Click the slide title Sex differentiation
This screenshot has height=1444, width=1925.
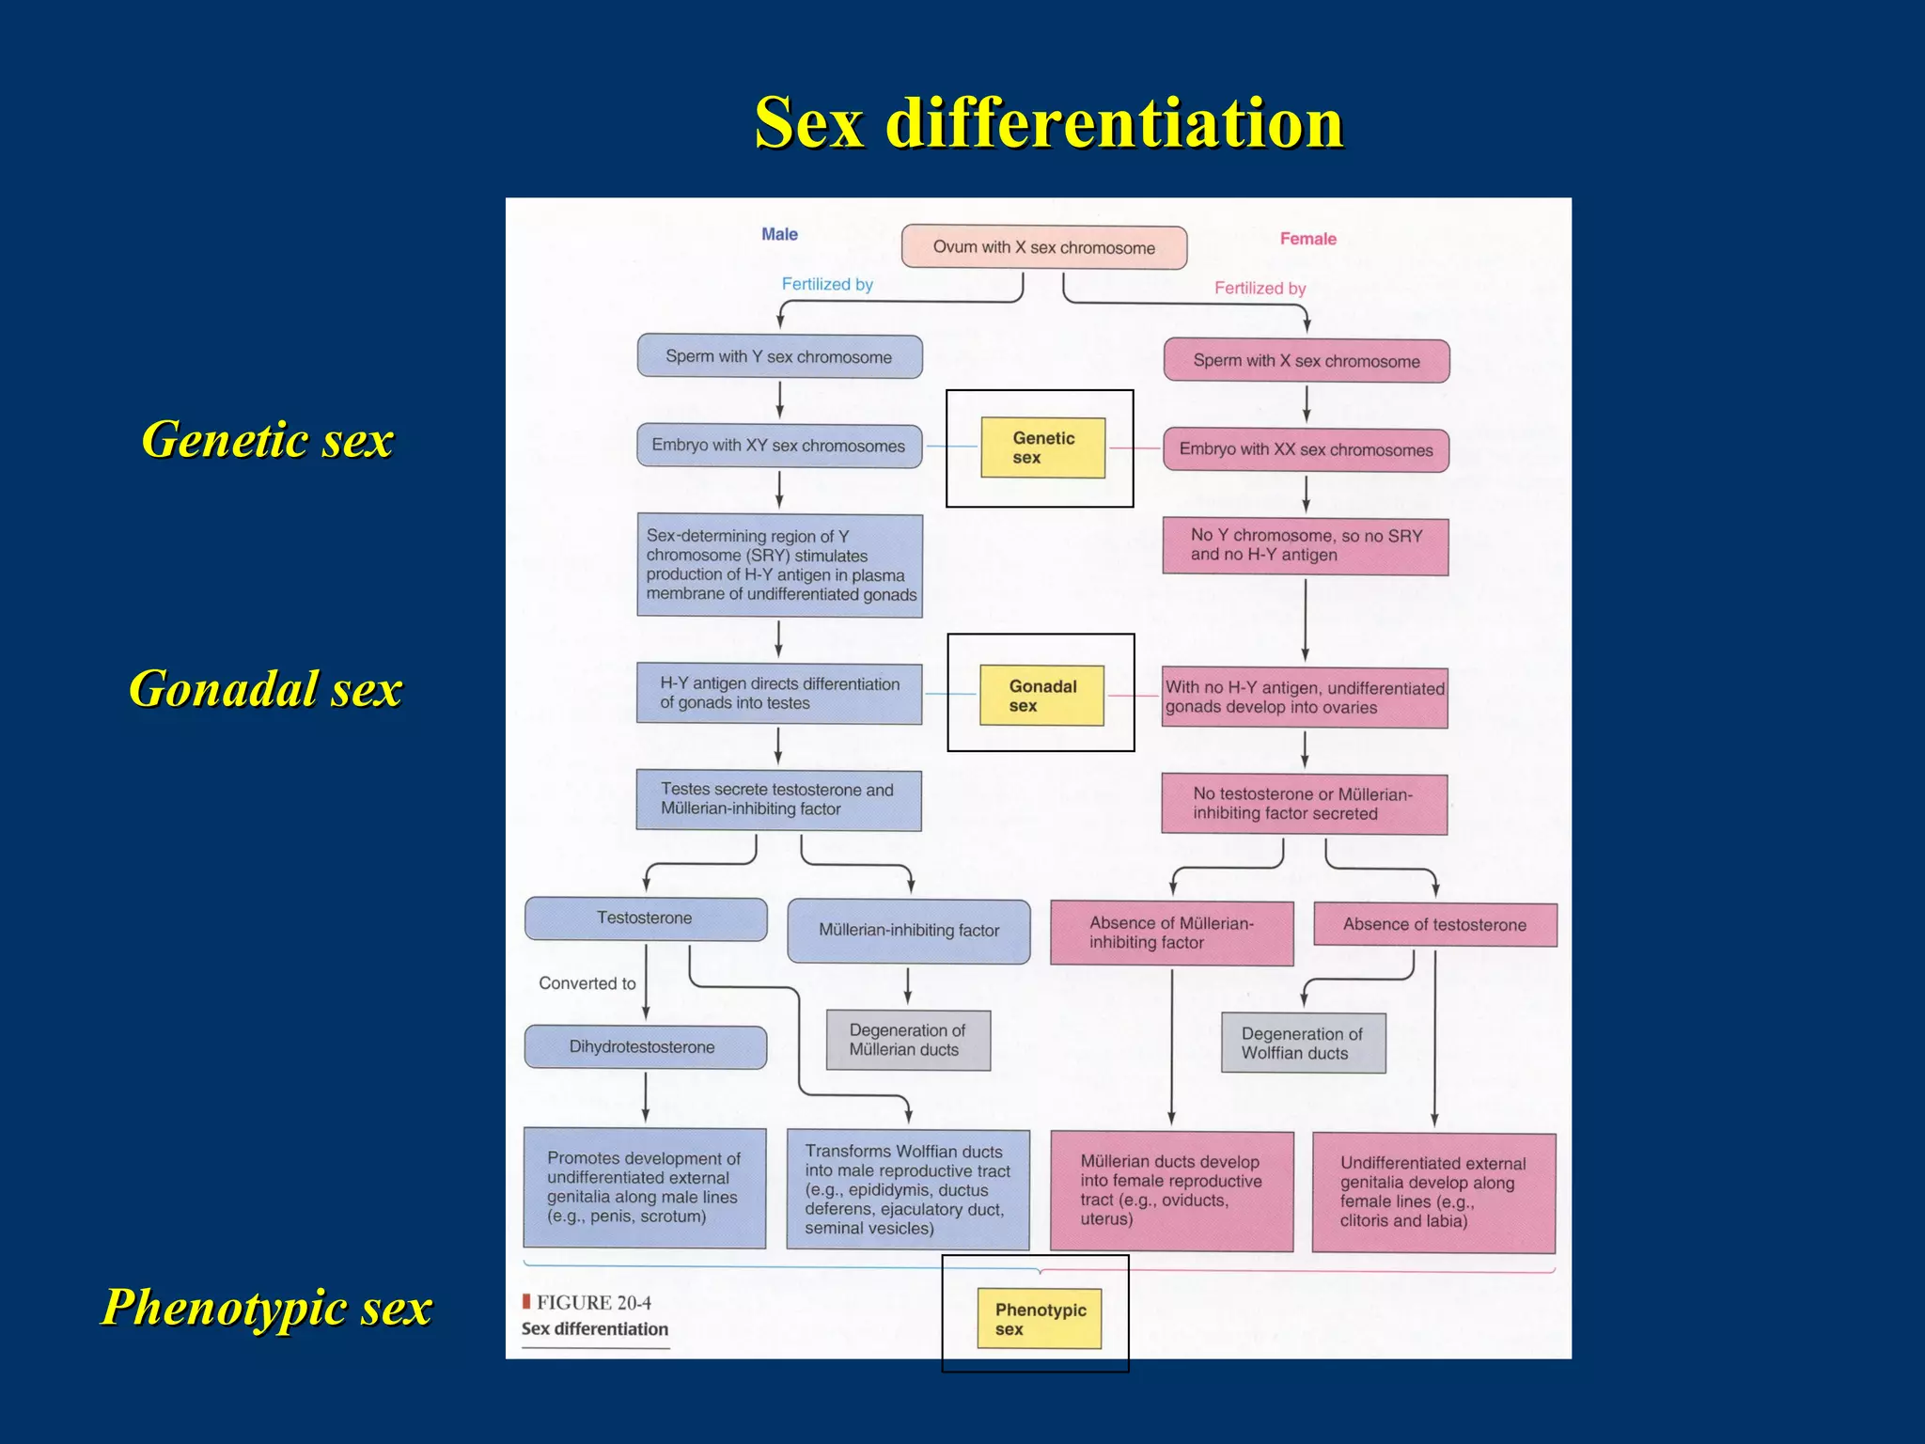(x=1049, y=122)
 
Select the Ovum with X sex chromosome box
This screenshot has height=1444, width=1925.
(x=1043, y=247)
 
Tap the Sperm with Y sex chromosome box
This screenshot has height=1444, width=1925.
(x=779, y=356)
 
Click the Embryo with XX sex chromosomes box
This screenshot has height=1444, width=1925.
(x=1306, y=449)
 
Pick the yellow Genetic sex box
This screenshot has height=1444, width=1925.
(x=1042, y=447)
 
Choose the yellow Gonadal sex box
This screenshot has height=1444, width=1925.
(x=1041, y=695)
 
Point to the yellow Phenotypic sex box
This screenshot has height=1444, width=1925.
(x=1039, y=1318)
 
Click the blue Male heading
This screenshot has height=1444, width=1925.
(x=779, y=234)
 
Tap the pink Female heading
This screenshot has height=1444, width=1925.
(x=1307, y=239)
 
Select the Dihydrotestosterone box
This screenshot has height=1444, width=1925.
(x=645, y=1046)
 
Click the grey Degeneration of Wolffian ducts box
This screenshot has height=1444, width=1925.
(x=1303, y=1043)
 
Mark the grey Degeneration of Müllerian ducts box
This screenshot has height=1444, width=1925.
(x=908, y=1040)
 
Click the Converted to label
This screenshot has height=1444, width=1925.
(x=587, y=983)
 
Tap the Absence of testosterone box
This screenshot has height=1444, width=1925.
(x=1434, y=924)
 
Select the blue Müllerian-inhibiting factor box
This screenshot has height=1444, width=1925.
(x=908, y=931)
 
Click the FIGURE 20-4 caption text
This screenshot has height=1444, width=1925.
(x=593, y=1302)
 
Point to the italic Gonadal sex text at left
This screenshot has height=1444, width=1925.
(x=266, y=688)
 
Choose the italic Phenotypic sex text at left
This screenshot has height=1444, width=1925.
(x=267, y=1307)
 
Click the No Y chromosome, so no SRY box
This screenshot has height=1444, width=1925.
(x=1306, y=545)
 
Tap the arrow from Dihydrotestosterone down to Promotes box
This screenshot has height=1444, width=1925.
(x=646, y=1097)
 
